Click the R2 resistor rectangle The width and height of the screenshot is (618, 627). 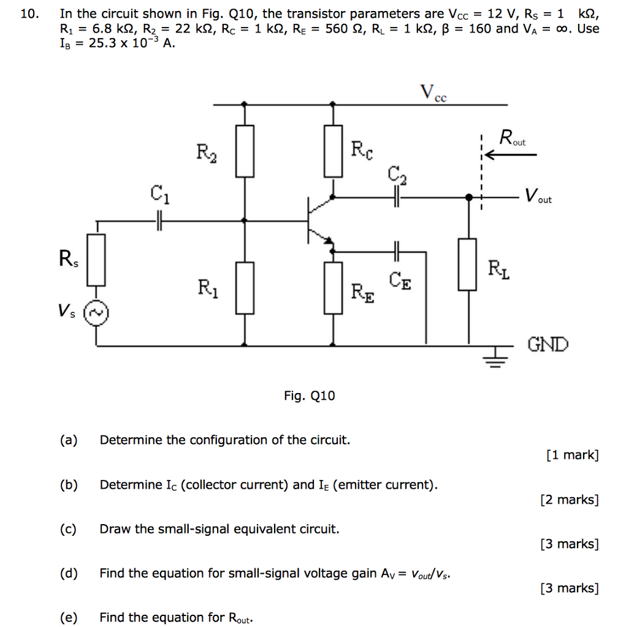click(x=245, y=151)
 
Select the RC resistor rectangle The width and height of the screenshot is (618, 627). click(x=333, y=151)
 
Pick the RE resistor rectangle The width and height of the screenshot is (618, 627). click(x=333, y=288)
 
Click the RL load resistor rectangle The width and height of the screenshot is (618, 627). click(x=468, y=265)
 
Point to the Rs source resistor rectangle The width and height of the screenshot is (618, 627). click(x=96, y=260)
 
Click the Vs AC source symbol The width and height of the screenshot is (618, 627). click(x=96, y=313)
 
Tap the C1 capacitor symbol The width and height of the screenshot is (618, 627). click(x=159, y=221)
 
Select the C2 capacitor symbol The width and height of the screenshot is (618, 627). click(x=396, y=197)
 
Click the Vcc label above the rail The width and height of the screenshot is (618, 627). click(x=433, y=93)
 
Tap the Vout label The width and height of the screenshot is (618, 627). click(x=538, y=197)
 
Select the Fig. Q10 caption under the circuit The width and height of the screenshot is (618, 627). click(x=309, y=396)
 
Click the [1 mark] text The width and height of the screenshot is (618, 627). click(x=571, y=455)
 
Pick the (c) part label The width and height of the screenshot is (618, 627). click(x=69, y=528)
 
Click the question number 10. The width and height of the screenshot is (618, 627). click(x=29, y=13)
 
